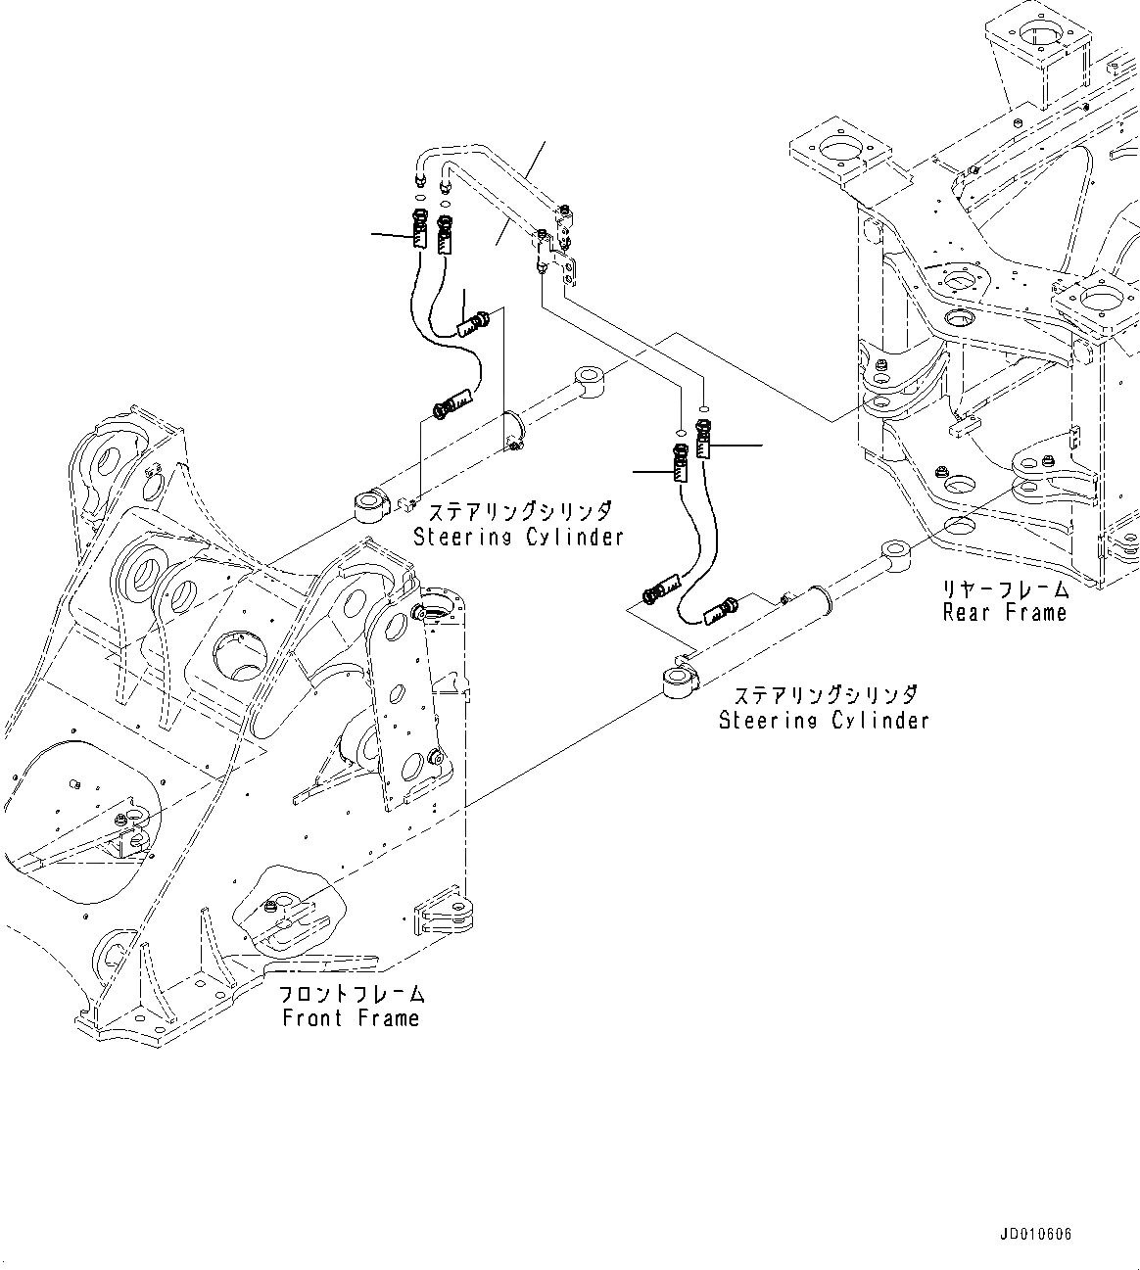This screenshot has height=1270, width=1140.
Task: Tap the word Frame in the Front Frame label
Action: pyautogui.click(x=389, y=1018)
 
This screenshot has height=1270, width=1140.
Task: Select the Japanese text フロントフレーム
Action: pyautogui.click(x=351, y=995)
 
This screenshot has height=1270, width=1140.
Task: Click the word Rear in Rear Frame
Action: pyautogui.click(x=966, y=613)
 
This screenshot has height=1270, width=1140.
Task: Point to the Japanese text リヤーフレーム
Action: pyautogui.click(x=1005, y=589)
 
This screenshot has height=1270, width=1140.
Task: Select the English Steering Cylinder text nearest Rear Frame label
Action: pyautogui.click(x=824, y=721)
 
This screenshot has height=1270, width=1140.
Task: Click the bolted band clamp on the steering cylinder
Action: pyautogui.click(x=513, y=431)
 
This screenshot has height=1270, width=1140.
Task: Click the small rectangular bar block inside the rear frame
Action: pyautogui.click(x=964, y=424)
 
